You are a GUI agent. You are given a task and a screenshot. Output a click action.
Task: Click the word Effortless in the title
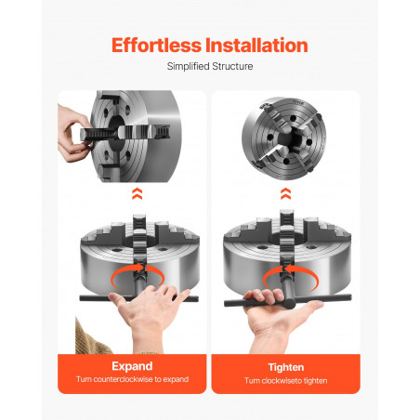[x=156, y=46]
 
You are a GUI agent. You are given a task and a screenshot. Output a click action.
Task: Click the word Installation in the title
[x=256, y=46]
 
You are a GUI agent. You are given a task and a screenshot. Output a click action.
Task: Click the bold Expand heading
[x=132, y=366]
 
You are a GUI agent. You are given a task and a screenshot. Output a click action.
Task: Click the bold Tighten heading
[x=286, y=367]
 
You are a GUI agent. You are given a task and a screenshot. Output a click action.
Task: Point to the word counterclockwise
[x=124, y=379]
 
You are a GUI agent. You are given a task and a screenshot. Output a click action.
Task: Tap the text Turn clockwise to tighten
[x=285, y=380]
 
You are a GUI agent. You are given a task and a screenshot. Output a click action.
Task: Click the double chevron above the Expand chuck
[x=138, y=193]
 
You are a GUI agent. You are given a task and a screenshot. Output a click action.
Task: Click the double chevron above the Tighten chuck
[x=285, y=193]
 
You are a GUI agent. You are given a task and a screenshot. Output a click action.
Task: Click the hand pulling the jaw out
[x=72, y=134]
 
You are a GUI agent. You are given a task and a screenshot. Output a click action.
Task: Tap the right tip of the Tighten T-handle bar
[x=350, y=296]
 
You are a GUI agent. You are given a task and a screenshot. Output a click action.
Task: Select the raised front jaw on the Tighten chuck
[x=286, y=239]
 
